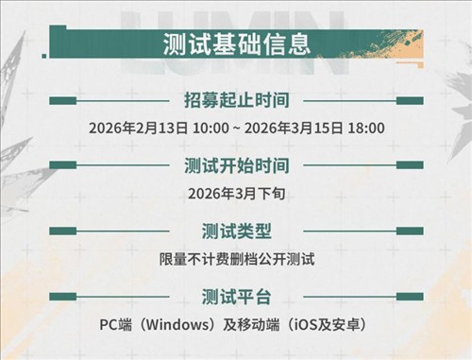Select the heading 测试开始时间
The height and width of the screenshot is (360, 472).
click(x=236, y=166)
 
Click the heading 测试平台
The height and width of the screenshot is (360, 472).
click(x=236, y=298)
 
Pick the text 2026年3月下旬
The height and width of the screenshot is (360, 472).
click(x=236, y=193)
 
